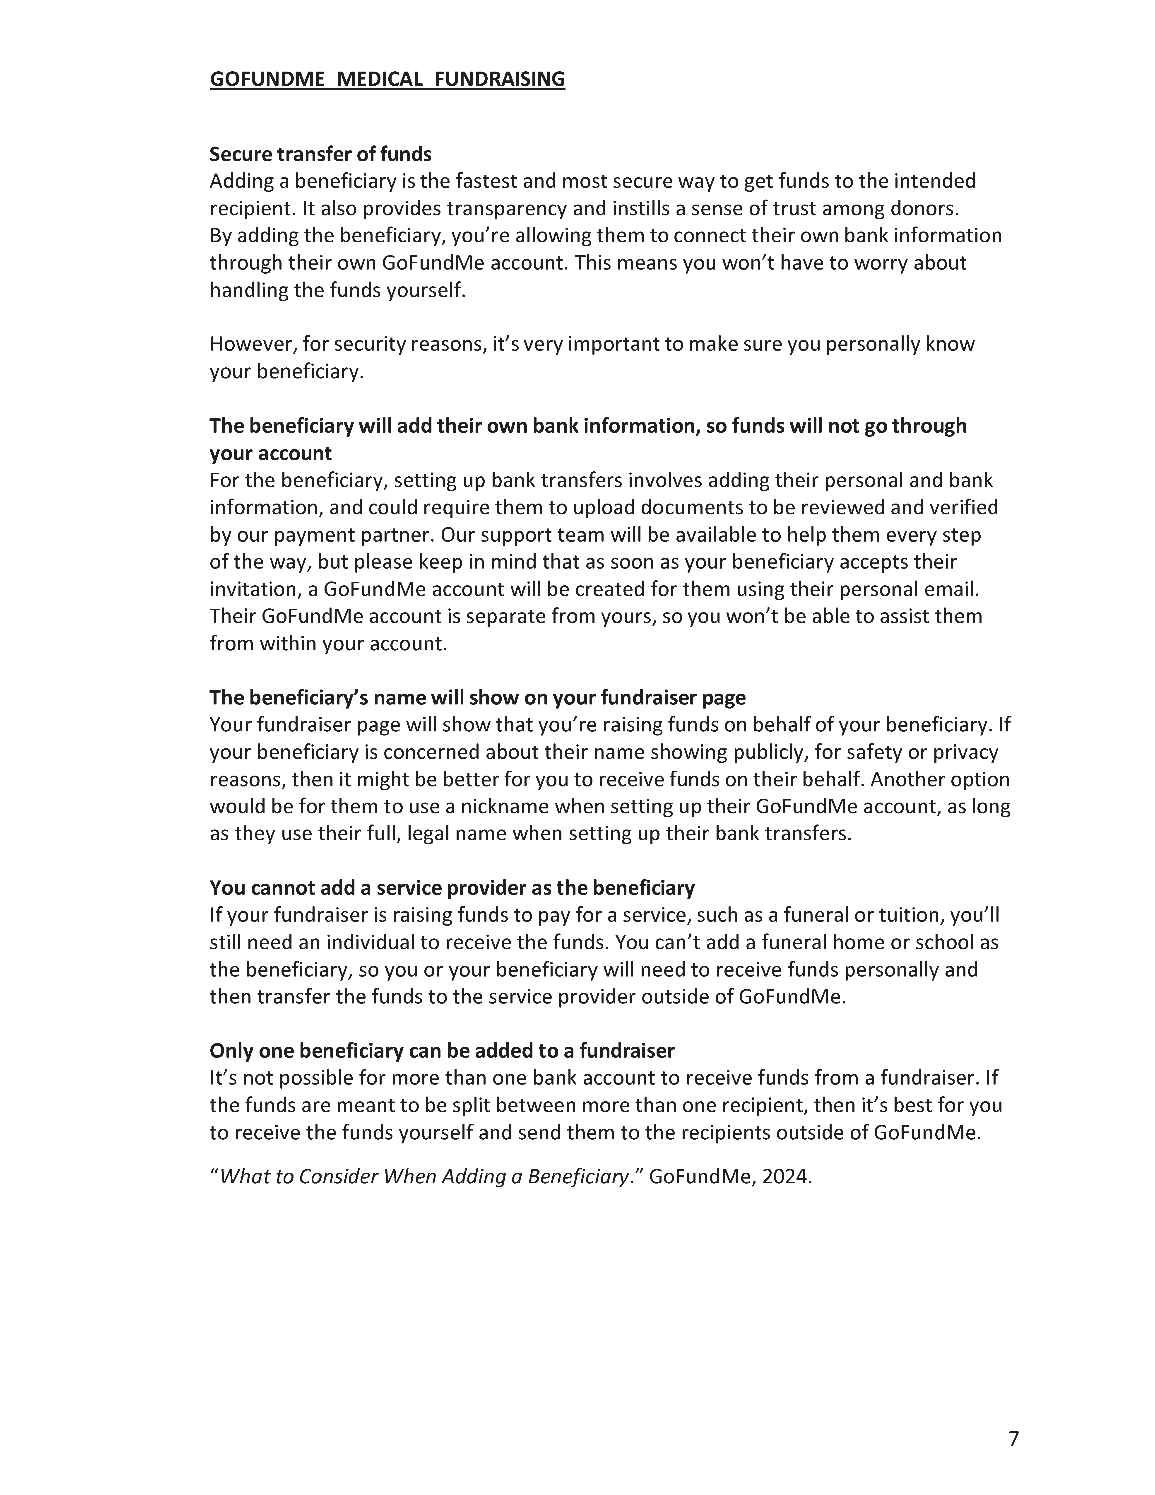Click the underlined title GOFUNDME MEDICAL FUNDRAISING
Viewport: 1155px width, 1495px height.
coord(387,80)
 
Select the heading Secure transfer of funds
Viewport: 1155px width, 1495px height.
coord(320,154)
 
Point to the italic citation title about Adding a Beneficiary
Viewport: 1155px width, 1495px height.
coord(424,1177)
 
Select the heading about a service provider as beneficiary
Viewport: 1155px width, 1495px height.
coord(452,888)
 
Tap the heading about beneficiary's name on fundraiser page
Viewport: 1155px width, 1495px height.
coord(477,697)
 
